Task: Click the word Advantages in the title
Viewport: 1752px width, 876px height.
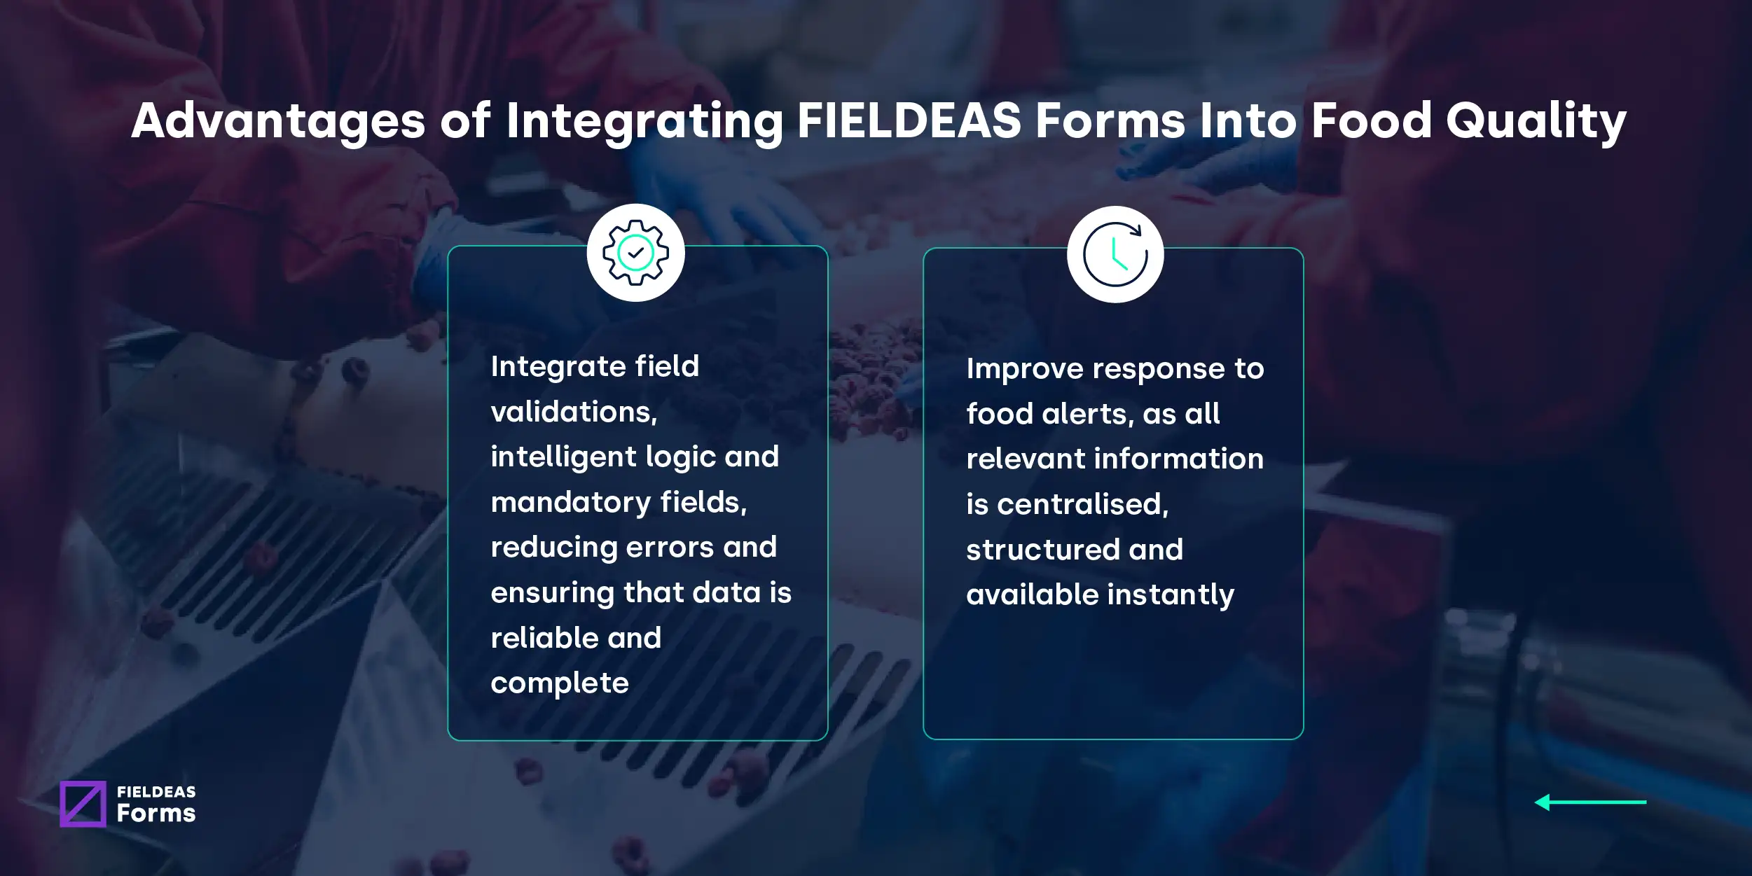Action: (x=278, y=120)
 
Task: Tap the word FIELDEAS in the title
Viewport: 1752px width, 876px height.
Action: (x=909, y=120)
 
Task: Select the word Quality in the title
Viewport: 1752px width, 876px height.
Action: (x=1536, y=122)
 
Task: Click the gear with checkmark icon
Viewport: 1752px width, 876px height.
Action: (x=635, y=253)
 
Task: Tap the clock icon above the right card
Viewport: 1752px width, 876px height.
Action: (x=1115, y=254)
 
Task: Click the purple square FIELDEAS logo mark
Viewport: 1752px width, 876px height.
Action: (x=83, y=804)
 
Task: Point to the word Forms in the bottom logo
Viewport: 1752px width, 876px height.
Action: (x=156, y=813)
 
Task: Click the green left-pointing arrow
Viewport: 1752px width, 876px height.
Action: (x=1590, y=802)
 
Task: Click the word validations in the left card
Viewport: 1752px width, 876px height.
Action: (x=574, y=412)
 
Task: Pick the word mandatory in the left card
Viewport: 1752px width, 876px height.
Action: (x=571, y=502)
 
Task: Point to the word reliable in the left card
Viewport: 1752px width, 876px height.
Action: (x=544, y=638)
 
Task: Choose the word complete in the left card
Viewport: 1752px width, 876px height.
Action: (x=560, y=683)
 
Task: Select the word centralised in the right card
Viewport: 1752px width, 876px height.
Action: (x=1083, y=504)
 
